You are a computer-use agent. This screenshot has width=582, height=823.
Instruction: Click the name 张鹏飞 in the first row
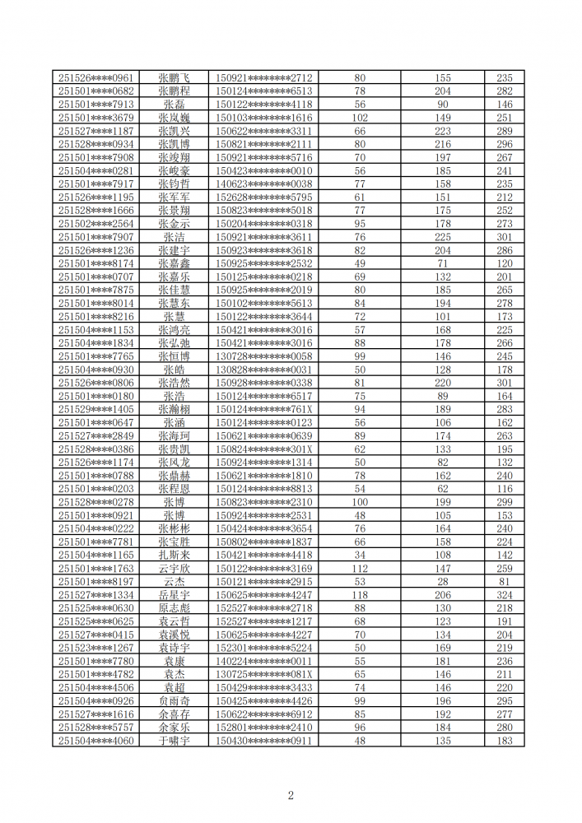click(175, 77)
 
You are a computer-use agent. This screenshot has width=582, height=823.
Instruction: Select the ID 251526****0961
click(95, 77)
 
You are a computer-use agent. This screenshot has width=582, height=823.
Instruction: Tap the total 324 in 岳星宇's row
click(504, 595)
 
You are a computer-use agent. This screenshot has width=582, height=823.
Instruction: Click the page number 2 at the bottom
click(291, 795)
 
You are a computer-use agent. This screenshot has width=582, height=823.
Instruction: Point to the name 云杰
click(175, 582)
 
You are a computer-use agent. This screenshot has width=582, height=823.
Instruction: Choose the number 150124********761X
click(263, 409)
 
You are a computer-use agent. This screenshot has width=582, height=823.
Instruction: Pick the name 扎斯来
click(175, 556)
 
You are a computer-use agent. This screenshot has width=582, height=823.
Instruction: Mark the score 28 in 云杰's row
click(443, 582)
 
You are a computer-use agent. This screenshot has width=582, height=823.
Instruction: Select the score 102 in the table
click(360, 118)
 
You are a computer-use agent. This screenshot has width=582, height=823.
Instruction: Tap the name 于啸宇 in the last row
click(175, 741)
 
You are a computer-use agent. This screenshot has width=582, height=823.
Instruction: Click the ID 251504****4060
click(95, 741)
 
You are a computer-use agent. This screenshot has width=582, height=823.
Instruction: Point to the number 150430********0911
click(263, 741)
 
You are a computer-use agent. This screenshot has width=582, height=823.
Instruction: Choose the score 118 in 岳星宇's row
click(360, 595)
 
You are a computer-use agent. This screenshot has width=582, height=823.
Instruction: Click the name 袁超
click(175, 688)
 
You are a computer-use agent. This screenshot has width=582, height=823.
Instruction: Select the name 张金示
click(175, 224)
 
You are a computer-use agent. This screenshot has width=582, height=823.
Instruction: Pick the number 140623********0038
click(263, 184)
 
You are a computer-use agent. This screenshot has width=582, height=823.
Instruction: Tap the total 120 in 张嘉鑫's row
click(504, 263)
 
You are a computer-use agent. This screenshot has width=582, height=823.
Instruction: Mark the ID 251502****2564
click(95, 224)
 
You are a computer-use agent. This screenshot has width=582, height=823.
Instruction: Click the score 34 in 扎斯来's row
click(360, 556)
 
